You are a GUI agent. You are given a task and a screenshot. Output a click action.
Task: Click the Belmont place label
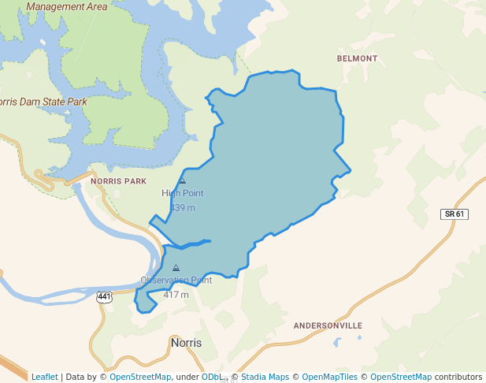357,58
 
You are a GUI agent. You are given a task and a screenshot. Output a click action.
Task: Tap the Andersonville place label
328,325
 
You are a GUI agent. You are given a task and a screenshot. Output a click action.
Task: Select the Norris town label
186,343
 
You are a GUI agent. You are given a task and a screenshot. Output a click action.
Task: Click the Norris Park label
118,180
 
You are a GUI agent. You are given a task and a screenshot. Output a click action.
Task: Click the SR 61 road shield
454,214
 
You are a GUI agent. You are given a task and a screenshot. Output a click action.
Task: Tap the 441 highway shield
104,296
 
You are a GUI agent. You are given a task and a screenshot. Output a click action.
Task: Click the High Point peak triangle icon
183,180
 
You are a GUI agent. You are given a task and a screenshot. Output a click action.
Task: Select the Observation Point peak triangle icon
176,268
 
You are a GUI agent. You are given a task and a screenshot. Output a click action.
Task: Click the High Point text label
183,193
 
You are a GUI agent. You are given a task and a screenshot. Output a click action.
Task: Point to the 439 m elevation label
183,208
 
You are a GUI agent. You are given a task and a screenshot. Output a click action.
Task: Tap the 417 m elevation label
176,295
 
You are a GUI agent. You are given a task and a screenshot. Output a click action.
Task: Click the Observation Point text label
176,281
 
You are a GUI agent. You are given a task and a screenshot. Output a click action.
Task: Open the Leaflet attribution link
44,377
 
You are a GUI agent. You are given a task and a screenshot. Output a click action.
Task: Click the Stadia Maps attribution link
265,377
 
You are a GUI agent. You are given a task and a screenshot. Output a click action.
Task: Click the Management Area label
66,6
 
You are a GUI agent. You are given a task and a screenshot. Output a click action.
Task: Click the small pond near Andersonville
336,343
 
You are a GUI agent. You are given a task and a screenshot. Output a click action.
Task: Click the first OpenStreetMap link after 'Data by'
139,377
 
